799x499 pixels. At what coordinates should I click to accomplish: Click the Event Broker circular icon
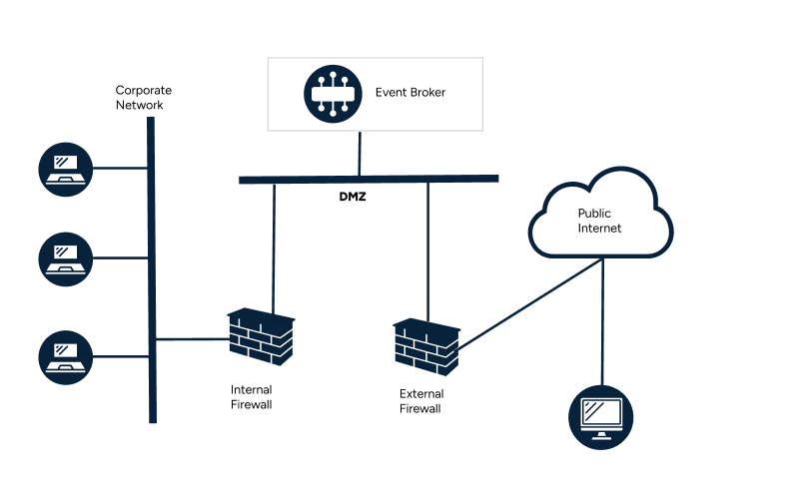pyautogui.click(x=333, y=94)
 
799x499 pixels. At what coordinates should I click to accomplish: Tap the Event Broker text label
pyautogui.click(x=409, y=93)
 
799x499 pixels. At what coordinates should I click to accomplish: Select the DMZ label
pyautogui.click(x=354, y=197)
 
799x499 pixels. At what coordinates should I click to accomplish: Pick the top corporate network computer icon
pyautogui.click(x=66, y=168)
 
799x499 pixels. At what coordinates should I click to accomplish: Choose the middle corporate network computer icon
pyautogui.click(x=66, y=256)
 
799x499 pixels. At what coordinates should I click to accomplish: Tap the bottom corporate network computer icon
pyautogui.click(x=66, y=356)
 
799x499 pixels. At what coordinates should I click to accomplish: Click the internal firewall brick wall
pyautogui.click(x=261, y=336)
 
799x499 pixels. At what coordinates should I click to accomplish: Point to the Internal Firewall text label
pyautogui.click(x=251, y=397)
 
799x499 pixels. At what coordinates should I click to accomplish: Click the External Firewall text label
pyautogui.click(x=420, y=401)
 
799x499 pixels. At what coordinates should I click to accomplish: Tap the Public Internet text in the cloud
pyautogui.click(x=599, y=221)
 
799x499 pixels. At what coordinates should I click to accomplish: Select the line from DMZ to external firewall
pyautogui.click(x=428, y=249)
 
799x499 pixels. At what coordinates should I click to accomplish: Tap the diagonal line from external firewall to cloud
pyautogui.click(x=529, y=303)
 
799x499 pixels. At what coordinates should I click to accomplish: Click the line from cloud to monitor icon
pyautogui.click(x=602, y=319)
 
